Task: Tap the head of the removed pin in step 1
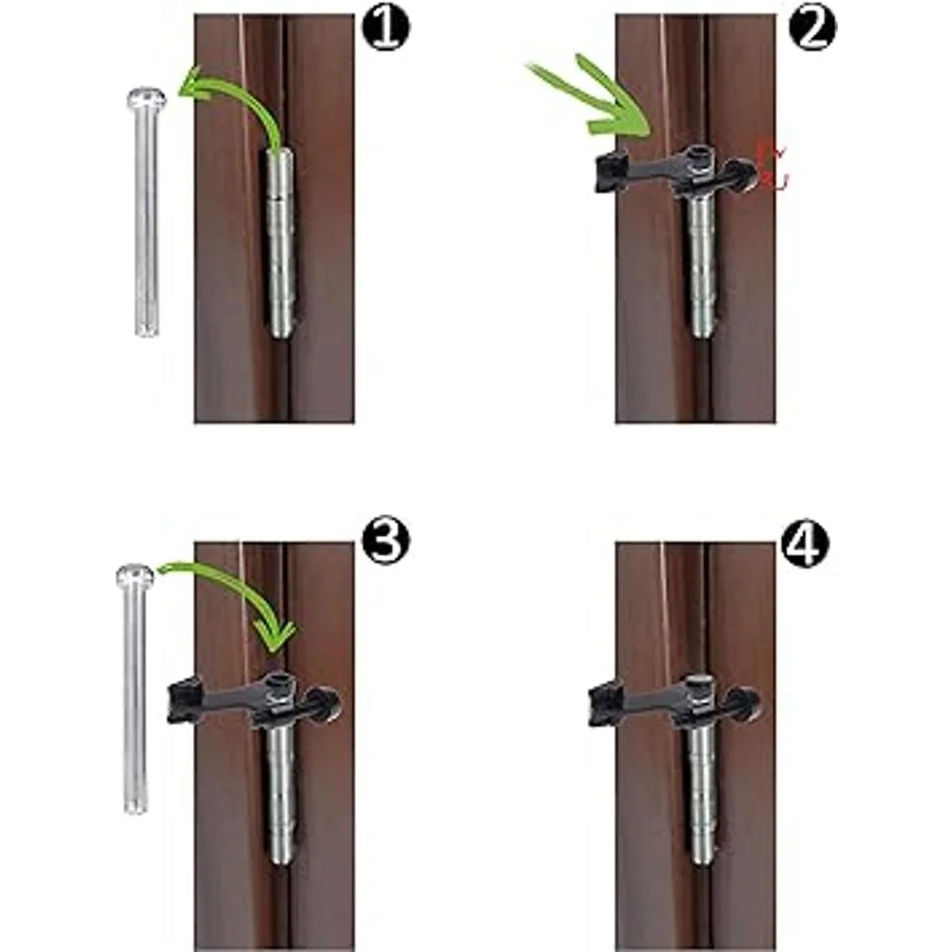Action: pos(147,99)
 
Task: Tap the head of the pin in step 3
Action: pos(135,574)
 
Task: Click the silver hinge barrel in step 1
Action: pos(281,242)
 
